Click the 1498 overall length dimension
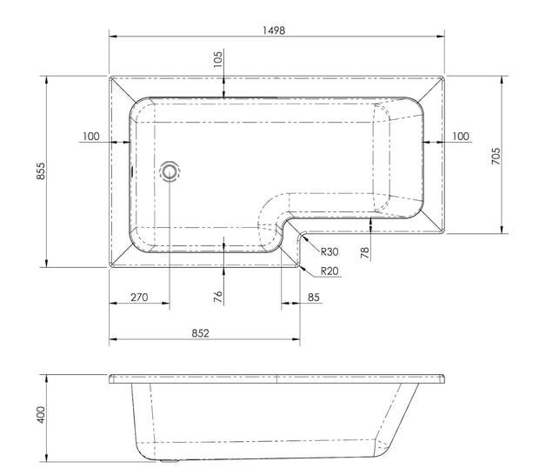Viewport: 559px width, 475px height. tap(274, 30)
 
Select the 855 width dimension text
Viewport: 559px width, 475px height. tap(42, 171)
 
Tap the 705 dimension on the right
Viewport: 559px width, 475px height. tap(496, 156)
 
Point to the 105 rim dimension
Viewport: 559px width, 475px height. tap(217, 59)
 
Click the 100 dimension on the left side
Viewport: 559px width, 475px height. tap(91, 137)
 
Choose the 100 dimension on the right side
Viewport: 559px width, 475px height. tap(461, 137)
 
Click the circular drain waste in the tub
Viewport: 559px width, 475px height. tap(170, 171)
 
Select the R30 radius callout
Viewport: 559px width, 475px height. tap(329, 252)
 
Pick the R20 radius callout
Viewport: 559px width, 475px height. tap(329, 271)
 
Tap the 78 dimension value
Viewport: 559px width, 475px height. tap(365, 253)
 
